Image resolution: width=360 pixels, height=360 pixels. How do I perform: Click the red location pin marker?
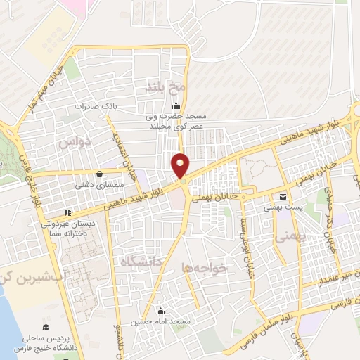181,165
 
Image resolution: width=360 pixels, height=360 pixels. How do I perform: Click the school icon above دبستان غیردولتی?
67,212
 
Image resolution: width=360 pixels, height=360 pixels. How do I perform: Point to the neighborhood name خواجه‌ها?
205,267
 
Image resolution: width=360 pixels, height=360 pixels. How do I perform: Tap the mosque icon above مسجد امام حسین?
160,311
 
